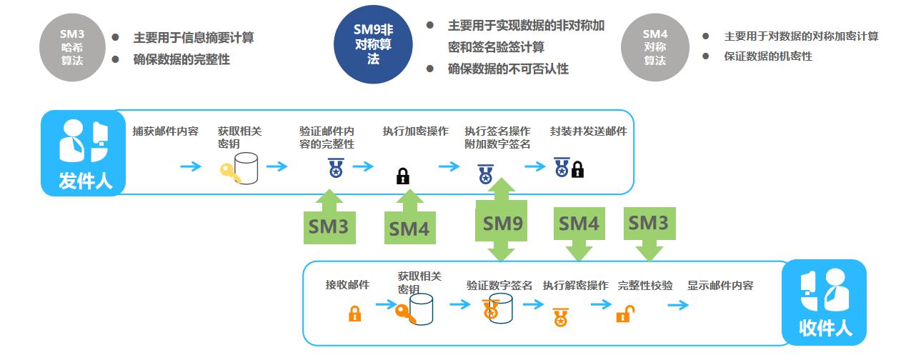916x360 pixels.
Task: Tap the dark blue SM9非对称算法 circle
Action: click(x=374, y=44)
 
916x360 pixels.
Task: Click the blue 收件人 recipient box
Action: click(x=825, y=302)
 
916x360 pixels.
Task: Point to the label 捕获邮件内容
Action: click(x=165, y=131)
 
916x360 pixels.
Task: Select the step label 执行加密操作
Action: click(x=415, y=131)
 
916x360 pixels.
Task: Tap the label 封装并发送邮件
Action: click(x=588, y=131)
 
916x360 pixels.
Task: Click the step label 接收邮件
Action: click(x=347, y=285)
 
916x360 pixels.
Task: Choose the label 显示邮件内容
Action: click(x=720, y=285)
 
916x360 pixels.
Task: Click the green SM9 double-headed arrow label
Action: click(x=503, y=223)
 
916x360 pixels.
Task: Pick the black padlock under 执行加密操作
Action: click(x=403, y=176)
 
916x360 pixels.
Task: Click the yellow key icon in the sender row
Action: click(x=231, y=174)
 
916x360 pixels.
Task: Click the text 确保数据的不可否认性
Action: click(x=508, y=69)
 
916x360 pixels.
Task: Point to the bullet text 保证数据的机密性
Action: click(x=767, y=56)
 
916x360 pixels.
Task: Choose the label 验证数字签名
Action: click(x=499, y=285)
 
